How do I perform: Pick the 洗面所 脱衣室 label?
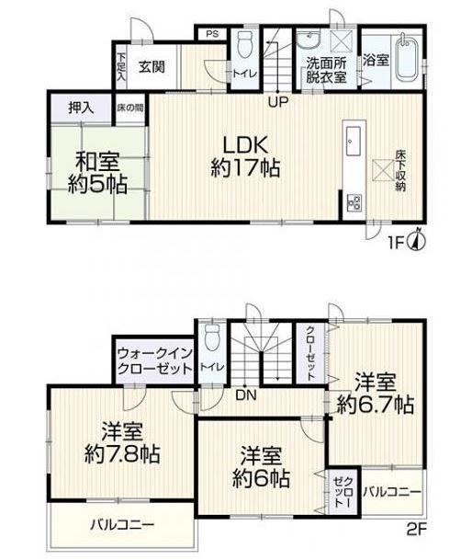tap(325, 71)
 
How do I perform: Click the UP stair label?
tap(276, 101)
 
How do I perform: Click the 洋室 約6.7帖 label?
tap(375, 393)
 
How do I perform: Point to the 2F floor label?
tap(417, 530)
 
